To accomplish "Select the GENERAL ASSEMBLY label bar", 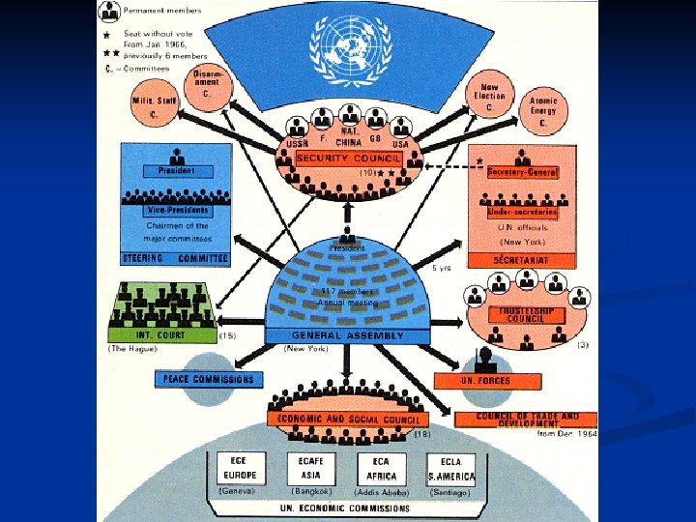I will pyautogui.click(x=349, y=335).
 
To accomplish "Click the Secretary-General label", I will pyautogui.click(x=523, y=172).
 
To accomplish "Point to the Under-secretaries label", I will pyautogui.click(x=522, y=212).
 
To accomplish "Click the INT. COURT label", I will pyautogui.click(x=162, y=335).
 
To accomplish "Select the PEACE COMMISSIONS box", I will pyautogui.click(x=208, y=379).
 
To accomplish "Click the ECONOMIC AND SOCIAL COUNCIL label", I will pyautogui.click(x=349, y=420).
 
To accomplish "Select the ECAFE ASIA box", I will pyautogui.click(x=311, y=469).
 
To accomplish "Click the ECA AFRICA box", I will pyautogui.click(x=381, y=469).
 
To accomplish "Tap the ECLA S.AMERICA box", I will pyautogui.click(x=451, y=469).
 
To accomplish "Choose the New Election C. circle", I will pyautogui.click(x=488, y=97).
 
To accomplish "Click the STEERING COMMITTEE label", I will pyautogui.click(x=176, y=259).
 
